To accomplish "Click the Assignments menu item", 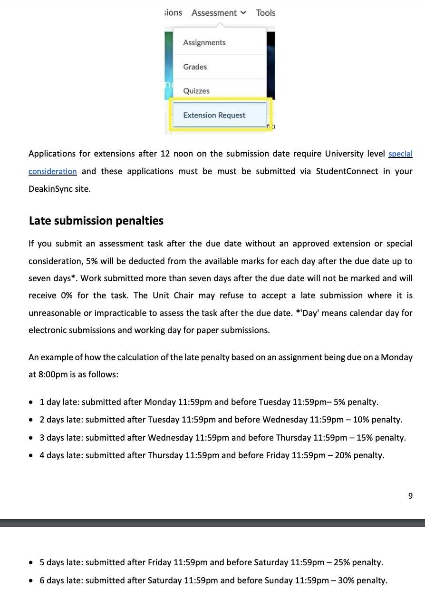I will point(204,43).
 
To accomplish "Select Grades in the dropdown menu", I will point(195,67).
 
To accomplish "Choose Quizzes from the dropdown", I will point(196,91).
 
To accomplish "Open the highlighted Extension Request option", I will point(214,115).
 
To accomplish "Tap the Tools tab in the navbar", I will point(265,13).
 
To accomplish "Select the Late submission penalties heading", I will point(96,221).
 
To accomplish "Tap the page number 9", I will point(410,496).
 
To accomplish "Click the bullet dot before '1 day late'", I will point(31,403).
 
